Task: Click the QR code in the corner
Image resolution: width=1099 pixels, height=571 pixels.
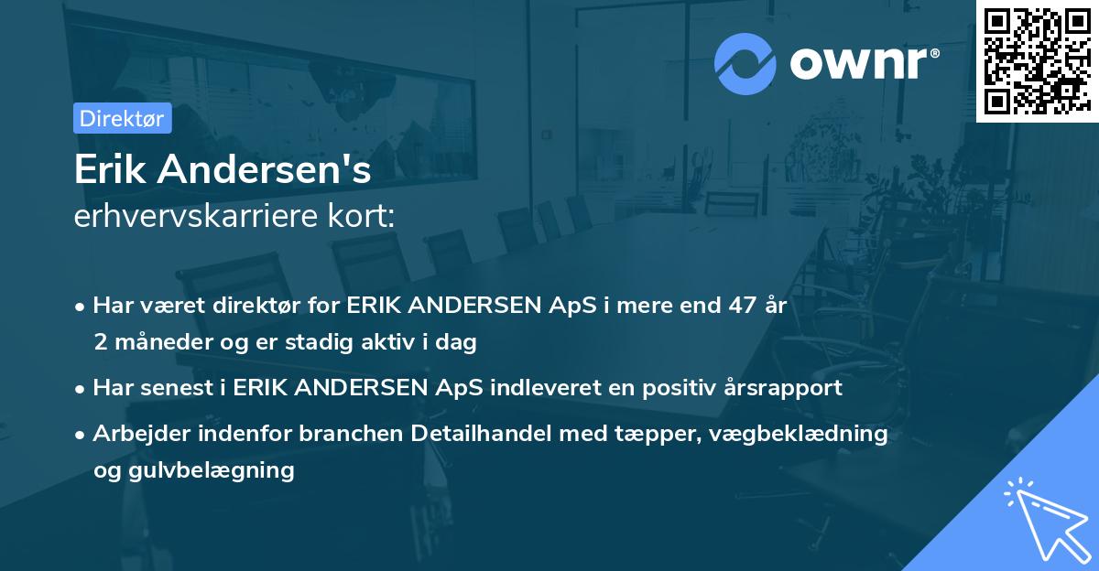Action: pyautogui.click(x=1037, y=60)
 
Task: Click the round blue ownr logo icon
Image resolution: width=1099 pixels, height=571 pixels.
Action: pyautogui.click(x=745, y=62)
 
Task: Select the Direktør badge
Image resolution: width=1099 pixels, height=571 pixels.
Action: pyautogui.click(x=122, y=117)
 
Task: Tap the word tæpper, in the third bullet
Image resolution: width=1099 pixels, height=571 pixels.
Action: pyautogui.click(x=659, y=433)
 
